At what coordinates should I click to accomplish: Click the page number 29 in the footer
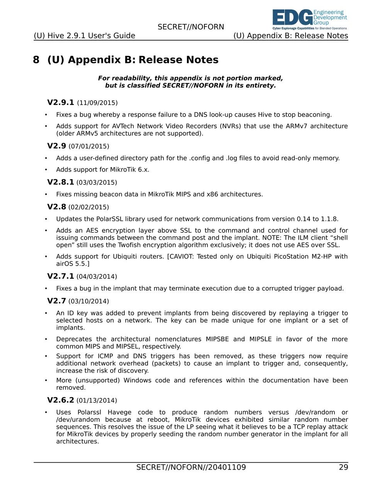[x=343, y=467]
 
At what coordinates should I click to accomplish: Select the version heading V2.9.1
[x=61, y=103]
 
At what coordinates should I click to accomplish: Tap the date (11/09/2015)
[x=97, y=103]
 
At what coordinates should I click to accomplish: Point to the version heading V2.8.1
[x=61, y=182]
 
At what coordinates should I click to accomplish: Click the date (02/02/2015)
[x=88, y=207]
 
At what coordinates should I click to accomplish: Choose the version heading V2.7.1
[x=61, y=276]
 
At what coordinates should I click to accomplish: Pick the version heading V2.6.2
[x=61, y=400]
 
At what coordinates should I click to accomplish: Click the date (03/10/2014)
[x=88, y=301]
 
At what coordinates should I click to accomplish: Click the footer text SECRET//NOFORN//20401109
[x=191, y=467]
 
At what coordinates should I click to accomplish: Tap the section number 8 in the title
[x=36, y=60]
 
